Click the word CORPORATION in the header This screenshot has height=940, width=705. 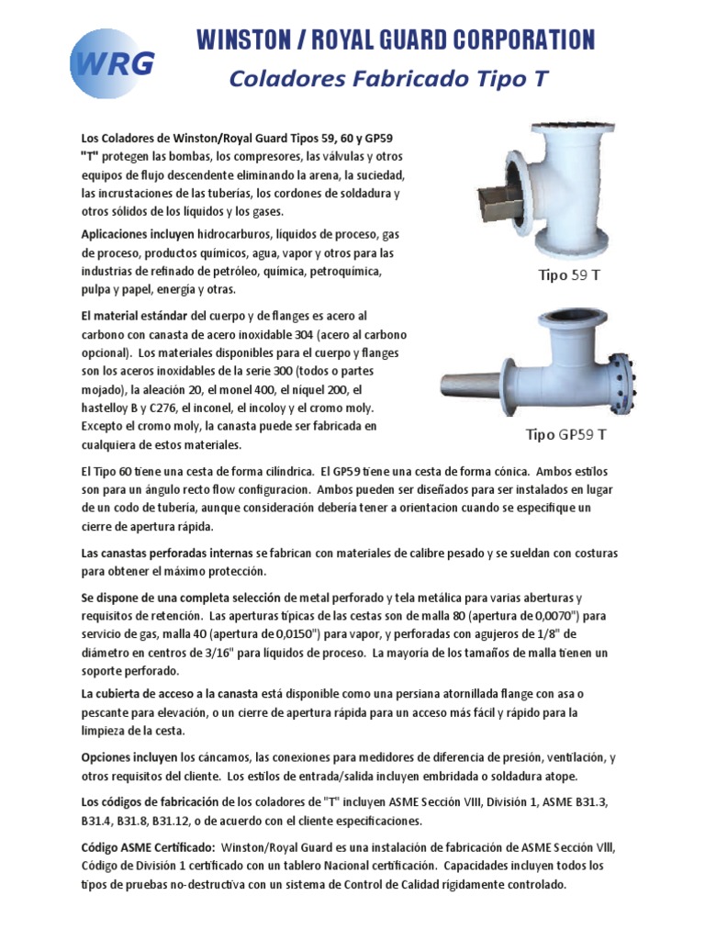[523, 40]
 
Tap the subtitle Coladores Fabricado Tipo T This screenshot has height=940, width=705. [388, 79]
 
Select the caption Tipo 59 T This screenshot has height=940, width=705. [569, 275]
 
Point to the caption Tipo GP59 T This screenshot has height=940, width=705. [565, 434]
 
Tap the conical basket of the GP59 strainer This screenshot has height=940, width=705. [471, 383]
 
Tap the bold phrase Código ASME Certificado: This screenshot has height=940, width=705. [148, 847]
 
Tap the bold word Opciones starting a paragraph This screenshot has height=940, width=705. [104, 758]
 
